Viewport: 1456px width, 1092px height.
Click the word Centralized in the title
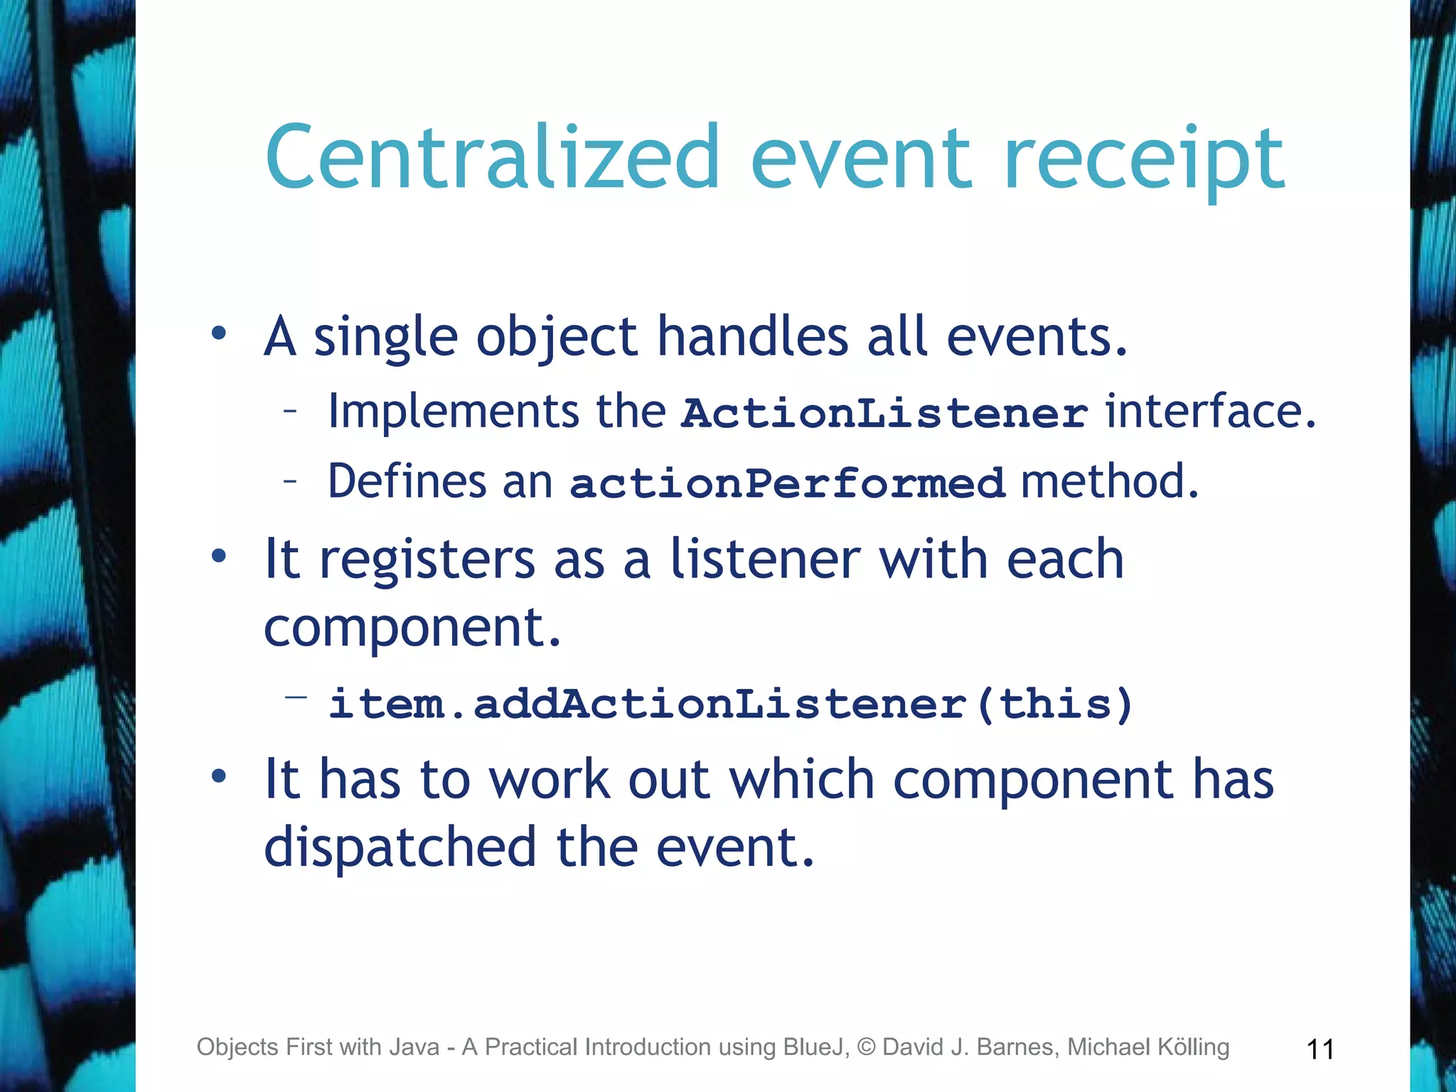pos(493,158)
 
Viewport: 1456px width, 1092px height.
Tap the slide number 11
pos(1320,1049)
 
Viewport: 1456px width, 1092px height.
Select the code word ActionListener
pos(884,413)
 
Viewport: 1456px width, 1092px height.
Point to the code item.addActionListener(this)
pos(730,704)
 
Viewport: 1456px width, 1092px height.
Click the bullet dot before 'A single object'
pos(219,333)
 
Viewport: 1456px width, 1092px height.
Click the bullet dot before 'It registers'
pos(219,556)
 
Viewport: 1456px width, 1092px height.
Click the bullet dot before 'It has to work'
pos(219,776)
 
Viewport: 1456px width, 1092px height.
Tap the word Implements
pos(454,412)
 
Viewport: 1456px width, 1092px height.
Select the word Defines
pos(406,481)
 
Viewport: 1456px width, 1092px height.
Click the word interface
pos(1209,412)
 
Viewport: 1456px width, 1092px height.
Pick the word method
pos(1109,481)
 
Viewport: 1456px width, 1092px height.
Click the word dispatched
pos(400,847)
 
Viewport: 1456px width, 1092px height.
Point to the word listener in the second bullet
pos(765,559)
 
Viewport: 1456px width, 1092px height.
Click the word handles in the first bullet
pos(752,336)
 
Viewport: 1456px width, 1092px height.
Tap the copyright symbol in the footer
pos(866,1047)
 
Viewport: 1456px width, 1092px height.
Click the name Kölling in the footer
pos(1192,1047)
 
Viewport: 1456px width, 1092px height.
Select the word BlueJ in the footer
pos(815,1047)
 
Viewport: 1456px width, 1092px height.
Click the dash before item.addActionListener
pos(296,697)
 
